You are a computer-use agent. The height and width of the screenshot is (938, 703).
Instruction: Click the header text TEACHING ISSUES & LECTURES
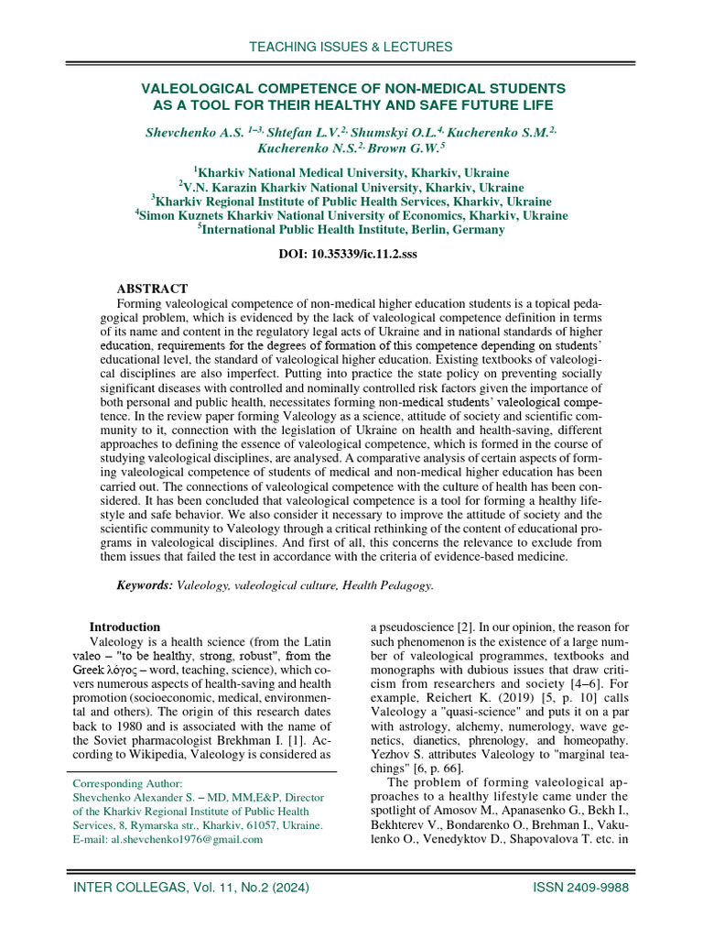pyautogui.click(x=351, y=47)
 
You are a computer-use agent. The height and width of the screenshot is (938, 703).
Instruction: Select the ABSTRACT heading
pyautogui.click(x=152, y=289)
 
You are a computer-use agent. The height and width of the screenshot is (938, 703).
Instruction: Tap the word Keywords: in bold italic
pyautogui.click(x=144, y=584)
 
